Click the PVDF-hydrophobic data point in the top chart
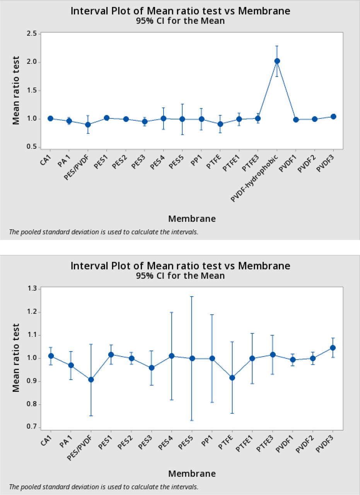click(x=277, y=61)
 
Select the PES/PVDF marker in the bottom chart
click(x=91, y=380)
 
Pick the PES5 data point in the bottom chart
click(x=192, y=358)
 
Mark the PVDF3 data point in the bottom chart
click(x=333, y=348)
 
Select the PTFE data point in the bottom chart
click(x=232, y=378)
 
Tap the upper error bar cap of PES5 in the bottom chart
click(x=192, y=297)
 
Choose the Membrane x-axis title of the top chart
click(x=192, y=219)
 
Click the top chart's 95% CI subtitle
click(x=180, y=21)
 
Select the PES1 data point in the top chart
click(x=107, y=118)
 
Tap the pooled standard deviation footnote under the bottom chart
click(x=104, y=487)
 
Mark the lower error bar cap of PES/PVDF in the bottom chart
click(x=91, y=416)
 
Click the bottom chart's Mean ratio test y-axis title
click(x=16, y=358)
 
